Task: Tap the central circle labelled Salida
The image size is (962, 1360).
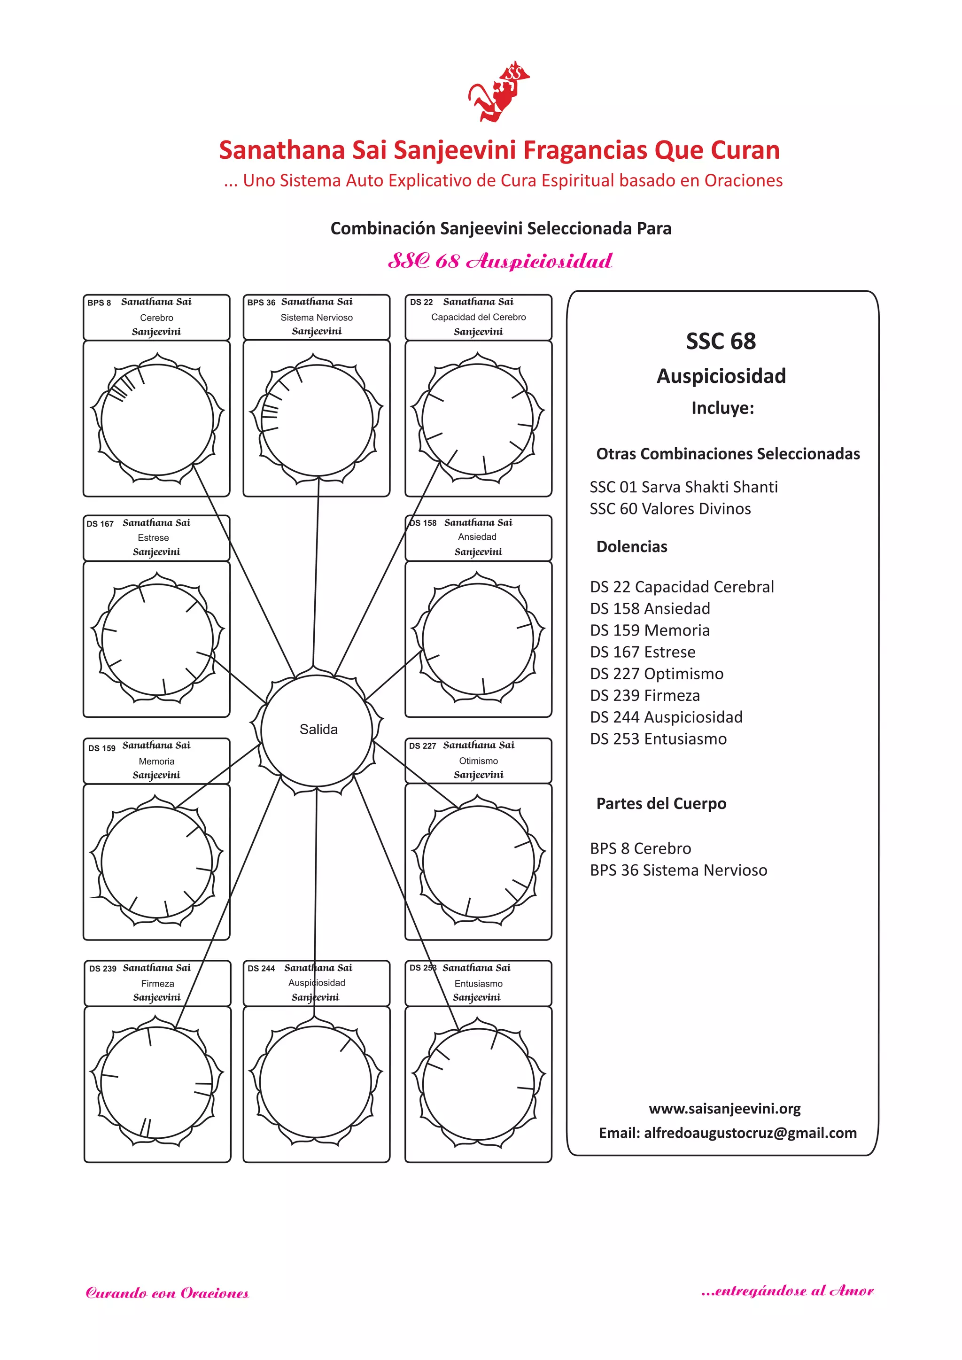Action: [318, 730]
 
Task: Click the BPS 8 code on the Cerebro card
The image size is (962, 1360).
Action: [99, 303]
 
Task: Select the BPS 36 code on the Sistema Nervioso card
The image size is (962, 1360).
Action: [261, 303]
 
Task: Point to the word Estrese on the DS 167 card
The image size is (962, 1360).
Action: [154, 538]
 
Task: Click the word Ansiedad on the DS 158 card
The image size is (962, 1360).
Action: [477, 536]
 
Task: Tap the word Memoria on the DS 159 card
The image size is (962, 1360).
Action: [156, 761]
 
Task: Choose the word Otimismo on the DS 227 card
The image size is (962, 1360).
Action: [478, 761]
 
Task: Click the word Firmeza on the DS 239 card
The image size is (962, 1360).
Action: [157, 983]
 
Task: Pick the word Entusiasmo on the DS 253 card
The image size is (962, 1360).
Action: [478, 983]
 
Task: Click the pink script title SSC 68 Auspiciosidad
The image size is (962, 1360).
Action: [500, 261]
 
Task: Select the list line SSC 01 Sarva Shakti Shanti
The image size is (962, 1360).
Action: [683, 487]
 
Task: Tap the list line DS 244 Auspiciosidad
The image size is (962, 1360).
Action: [666, 717]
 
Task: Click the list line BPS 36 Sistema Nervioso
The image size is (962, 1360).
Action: [678, 870]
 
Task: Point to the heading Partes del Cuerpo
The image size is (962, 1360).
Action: [661, 803]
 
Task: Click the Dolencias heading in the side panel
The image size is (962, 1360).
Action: [631, 546]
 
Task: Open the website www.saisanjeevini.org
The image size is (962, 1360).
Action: [724, 1109]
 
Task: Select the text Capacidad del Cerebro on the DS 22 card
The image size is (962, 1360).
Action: [478, 317]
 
